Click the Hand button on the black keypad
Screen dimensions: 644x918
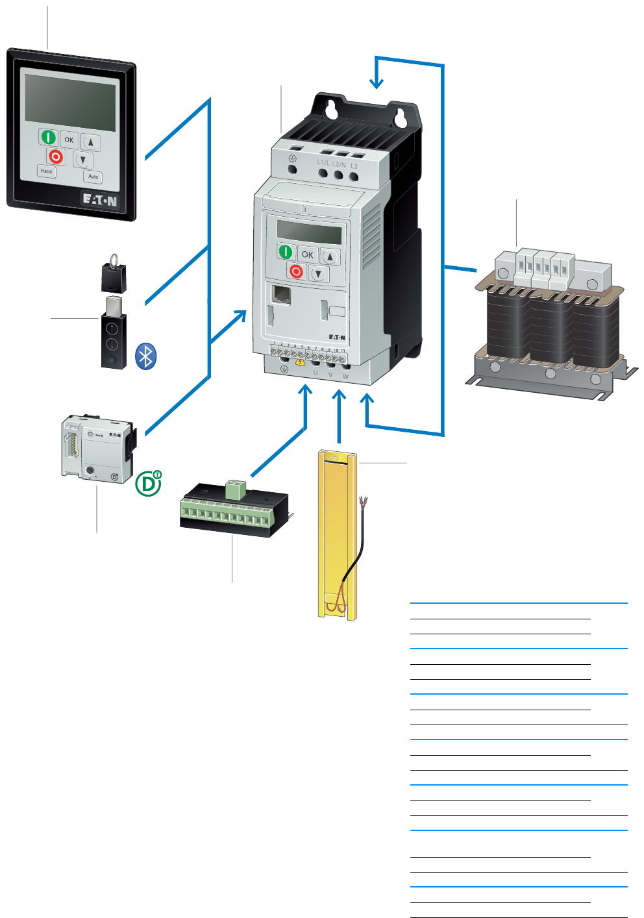47,171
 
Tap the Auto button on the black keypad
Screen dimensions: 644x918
93,176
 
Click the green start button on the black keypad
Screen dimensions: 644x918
49,137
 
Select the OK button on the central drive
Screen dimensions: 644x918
308,254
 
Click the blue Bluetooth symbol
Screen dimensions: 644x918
146,356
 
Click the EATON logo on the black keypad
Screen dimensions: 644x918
99,200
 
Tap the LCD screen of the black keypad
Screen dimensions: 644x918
70,102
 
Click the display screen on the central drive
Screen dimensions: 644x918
309,232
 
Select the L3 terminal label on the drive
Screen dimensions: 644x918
354,166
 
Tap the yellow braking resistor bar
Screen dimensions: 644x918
336,532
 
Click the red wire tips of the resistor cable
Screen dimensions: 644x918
364,501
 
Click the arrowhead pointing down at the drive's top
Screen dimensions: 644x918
376,83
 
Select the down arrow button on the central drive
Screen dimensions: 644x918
318,273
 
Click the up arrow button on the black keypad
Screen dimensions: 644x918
91,143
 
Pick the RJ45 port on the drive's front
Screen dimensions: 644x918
281,295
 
